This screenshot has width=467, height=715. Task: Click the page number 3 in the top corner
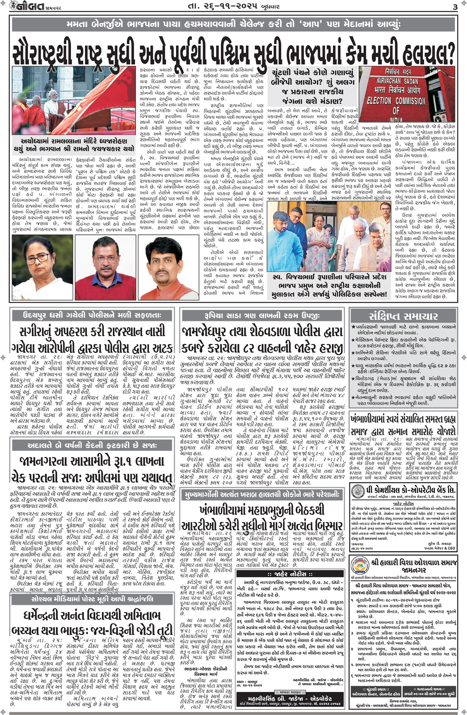pos(455,7)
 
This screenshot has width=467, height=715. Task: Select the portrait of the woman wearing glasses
pos(42,267)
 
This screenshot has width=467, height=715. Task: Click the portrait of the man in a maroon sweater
pos(105,267)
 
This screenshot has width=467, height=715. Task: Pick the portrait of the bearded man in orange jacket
pos(168,267)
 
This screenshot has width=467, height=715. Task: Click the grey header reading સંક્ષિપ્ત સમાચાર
pos(403,316)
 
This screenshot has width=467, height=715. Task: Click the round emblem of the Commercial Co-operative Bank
pos(358,490)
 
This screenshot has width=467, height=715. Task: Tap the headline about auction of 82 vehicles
pos(263,340)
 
